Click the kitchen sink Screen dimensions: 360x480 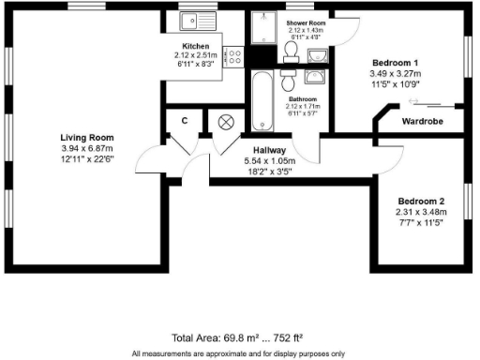[200, 20]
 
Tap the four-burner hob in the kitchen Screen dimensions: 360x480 [235, 54]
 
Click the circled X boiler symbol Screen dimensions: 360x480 [226, 121]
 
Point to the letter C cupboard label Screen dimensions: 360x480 [185, 121]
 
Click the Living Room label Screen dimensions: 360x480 [86, 138]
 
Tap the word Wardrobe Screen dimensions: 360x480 [422, 121]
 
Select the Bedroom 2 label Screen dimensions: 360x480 [421, 202]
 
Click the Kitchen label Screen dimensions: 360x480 [195, 45]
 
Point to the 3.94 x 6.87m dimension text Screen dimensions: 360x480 [86, 148]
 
